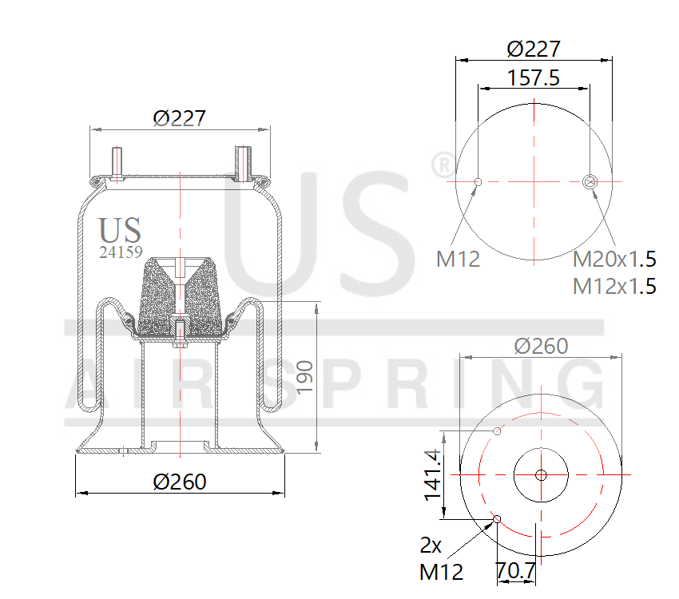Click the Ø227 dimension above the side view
(180, 118)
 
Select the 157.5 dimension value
(533, 77)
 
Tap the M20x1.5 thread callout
(614, 259)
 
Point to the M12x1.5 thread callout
(614, 285)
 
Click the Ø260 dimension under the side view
(180, 482)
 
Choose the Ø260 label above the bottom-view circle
(541, 346)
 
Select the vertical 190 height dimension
(304, 376)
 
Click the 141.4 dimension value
(432, 474)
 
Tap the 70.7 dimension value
(515, 572)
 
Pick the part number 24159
(120, 252)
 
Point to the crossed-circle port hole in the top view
(590, 181)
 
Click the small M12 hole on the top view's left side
(478, 182)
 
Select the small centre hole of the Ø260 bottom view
(541, 475)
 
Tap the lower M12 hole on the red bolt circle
(498, 520)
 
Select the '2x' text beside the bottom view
(431, 545)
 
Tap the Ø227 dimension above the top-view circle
(534, 49)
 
